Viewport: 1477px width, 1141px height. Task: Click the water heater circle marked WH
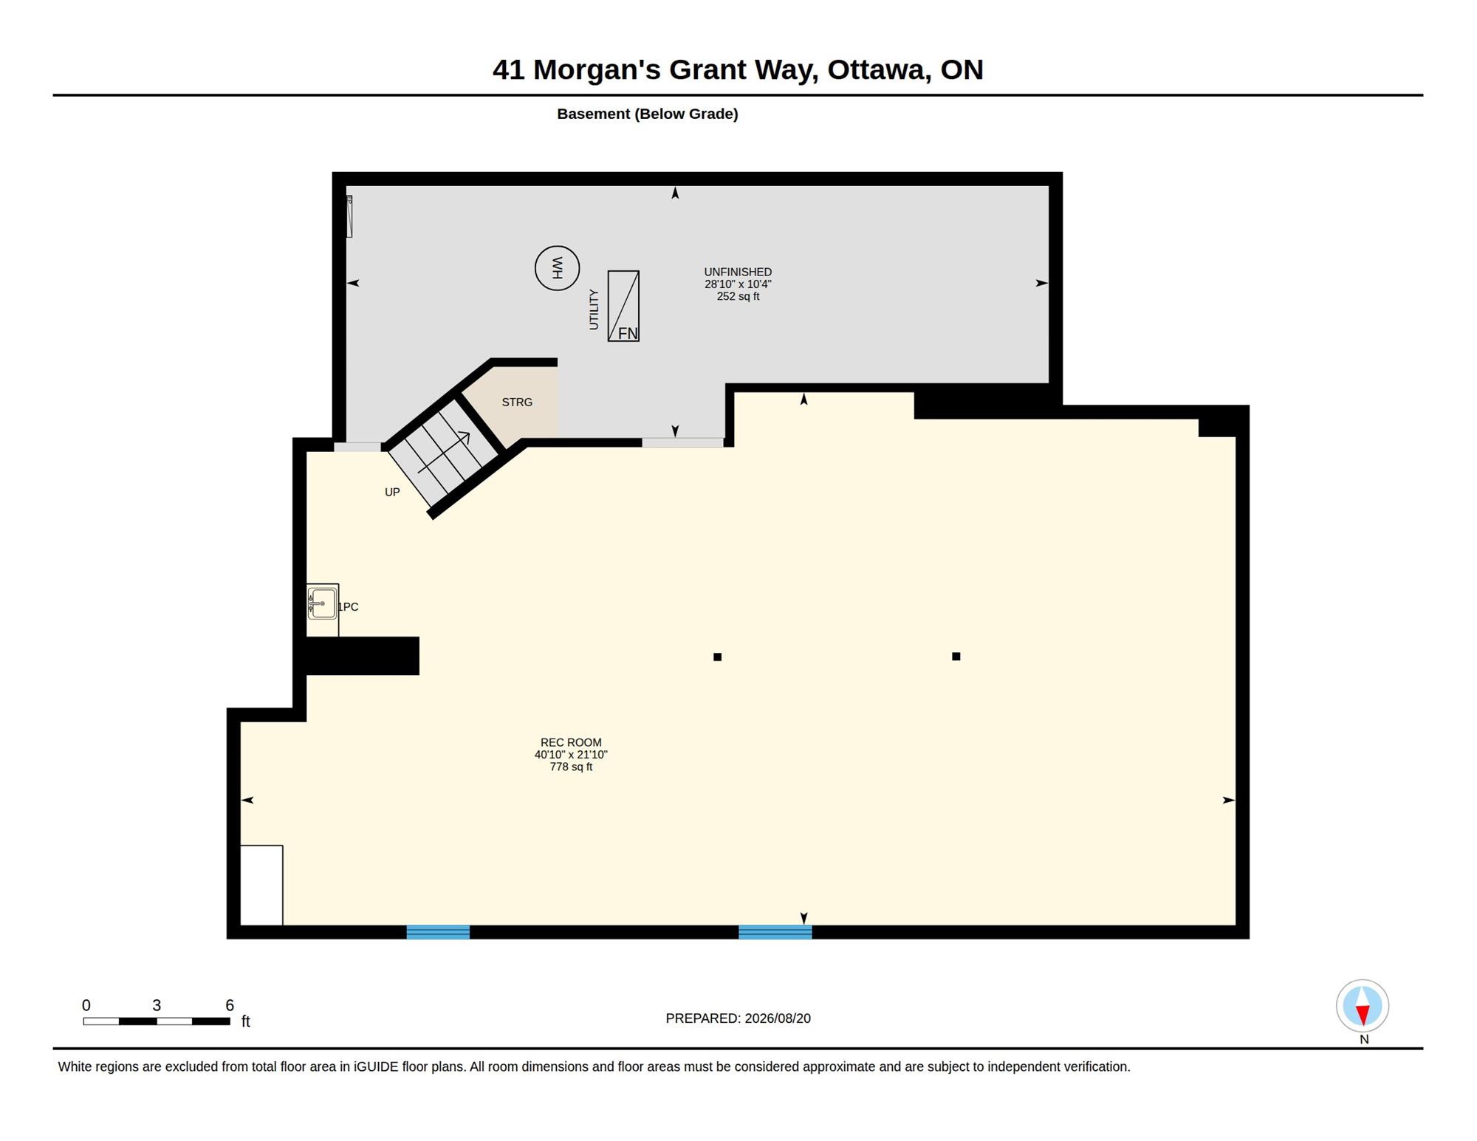(x=557, y=268)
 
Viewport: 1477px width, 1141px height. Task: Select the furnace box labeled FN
(x=623, y=306)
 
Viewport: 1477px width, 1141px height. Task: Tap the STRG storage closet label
(x=517, y=402)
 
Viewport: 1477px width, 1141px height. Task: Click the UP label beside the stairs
(x=392, y=492)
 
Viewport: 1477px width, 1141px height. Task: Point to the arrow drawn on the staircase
(x=444, y=452)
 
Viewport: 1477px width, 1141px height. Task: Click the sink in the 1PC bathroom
(x=322, y=603)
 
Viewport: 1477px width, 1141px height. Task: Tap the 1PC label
(x=349, y=607)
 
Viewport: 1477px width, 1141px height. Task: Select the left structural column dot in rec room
(x=717, y=657)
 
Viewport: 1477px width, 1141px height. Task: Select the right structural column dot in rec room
(x=956, y=656)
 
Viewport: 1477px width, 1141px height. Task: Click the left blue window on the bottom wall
(x=438, y=932)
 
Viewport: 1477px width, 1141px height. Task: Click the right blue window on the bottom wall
(x=775, y=932)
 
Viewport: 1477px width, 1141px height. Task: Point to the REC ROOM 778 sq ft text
(x=571, y=755)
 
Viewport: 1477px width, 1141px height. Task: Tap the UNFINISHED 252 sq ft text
(x=738, y=284)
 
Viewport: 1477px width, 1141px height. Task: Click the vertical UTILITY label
(x=594, y=309)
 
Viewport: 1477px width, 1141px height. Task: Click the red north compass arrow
(x=1363, y=1015)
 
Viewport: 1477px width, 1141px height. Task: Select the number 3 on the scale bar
(x=157, y=1005)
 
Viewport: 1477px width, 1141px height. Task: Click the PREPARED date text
(x=738, y=1018)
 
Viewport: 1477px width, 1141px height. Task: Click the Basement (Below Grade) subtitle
(x=648, y=114)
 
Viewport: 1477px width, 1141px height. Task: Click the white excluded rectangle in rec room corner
(x=261, y=885)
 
